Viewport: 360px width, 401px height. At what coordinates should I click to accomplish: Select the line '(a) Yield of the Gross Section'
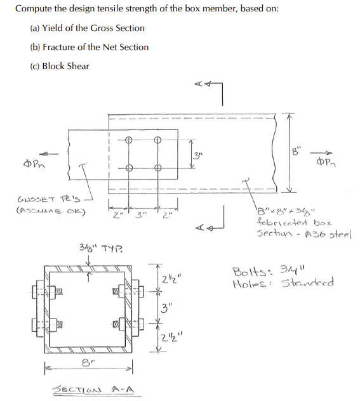(87, 28)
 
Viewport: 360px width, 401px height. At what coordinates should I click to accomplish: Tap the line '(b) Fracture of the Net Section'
(90, 47)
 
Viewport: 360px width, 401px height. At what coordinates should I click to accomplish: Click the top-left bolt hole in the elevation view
(129, 140)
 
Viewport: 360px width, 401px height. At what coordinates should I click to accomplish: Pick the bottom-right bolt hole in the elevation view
(158, 168)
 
